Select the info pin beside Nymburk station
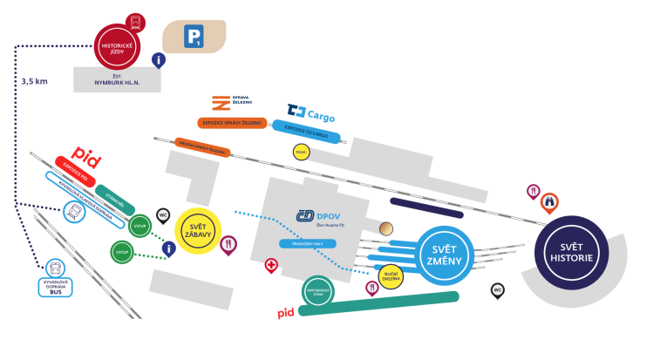coord(159,60)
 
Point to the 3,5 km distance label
coord(34,82)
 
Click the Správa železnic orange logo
coord(221,103)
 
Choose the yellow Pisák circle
coord(302,152)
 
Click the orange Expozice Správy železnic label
coord(232,124)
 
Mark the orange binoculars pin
coord(549,202)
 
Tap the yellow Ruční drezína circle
coord(390,275)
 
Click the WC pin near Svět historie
coord(498,290)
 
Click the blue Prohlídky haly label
coord(307,244)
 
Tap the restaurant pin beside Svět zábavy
coord(228,245)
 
